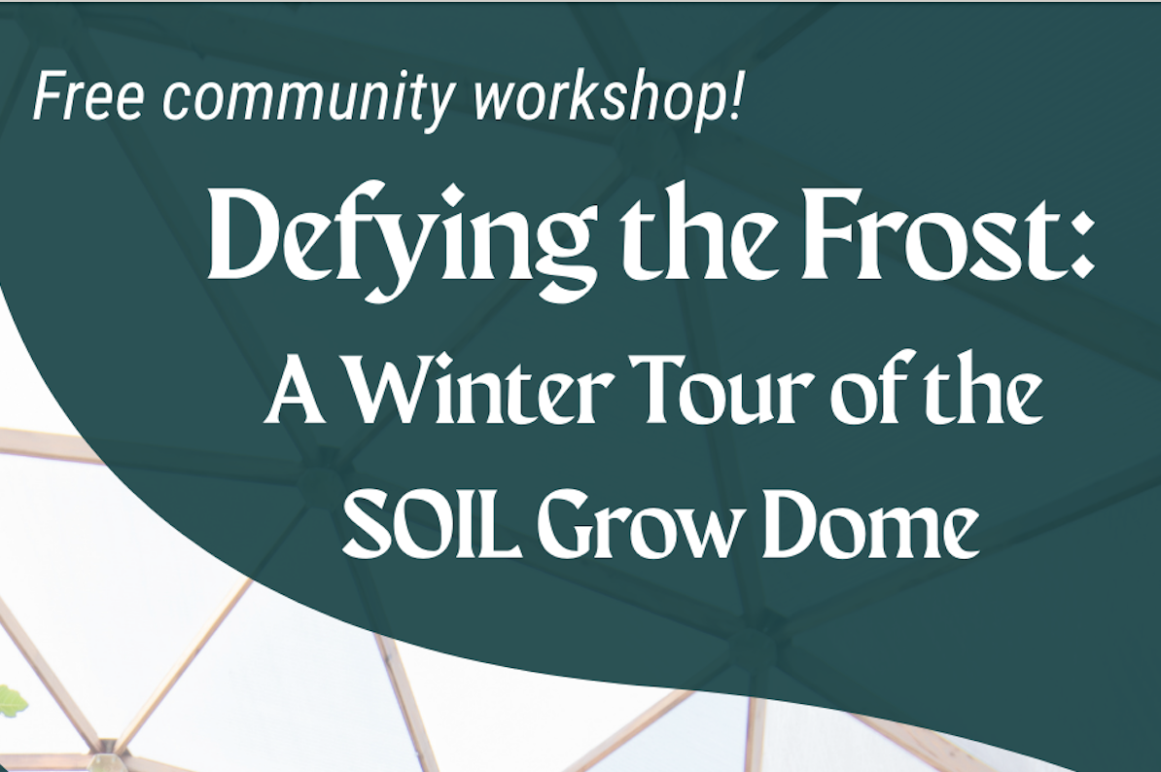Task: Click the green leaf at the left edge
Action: [12, 699]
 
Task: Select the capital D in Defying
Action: [247, 237]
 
